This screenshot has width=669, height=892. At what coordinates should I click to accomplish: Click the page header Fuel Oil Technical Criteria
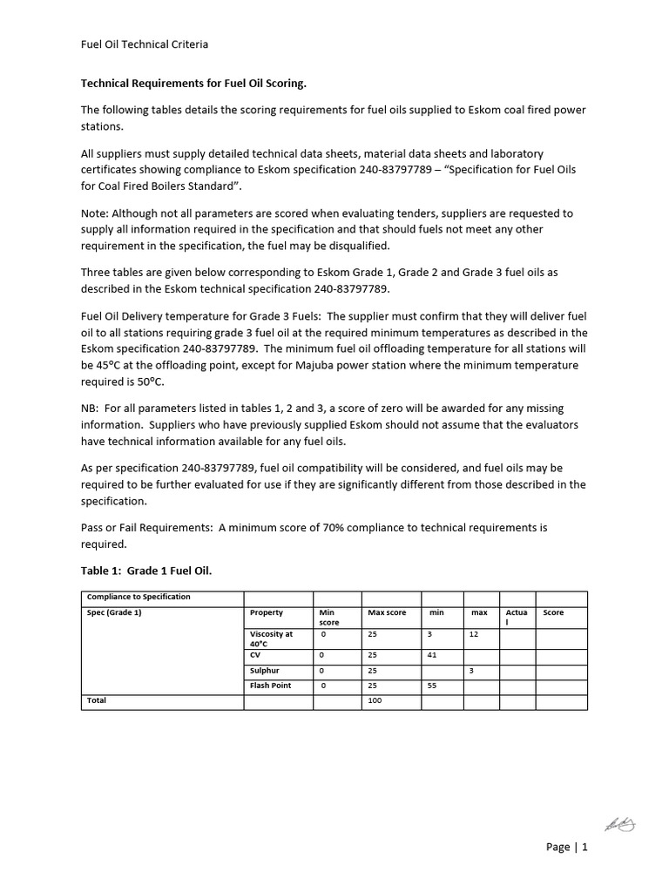145,44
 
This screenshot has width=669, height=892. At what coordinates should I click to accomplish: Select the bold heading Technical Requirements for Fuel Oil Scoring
193,84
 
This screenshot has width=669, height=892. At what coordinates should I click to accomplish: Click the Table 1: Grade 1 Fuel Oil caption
146,571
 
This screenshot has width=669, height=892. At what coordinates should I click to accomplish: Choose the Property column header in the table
267,612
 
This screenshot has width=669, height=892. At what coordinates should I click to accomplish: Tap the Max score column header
387,612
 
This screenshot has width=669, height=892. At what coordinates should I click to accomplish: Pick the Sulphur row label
265,671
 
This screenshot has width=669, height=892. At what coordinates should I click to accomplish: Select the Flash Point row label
270,686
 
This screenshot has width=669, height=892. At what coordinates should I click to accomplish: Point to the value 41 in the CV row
432,654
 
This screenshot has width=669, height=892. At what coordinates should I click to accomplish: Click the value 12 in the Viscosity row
474,634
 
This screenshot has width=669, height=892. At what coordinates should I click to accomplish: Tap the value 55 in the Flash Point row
432,686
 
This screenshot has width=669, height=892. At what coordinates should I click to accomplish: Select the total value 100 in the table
375,700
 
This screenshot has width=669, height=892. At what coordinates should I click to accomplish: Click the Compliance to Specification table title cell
139,597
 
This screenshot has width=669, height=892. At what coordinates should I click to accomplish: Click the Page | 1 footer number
567,847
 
